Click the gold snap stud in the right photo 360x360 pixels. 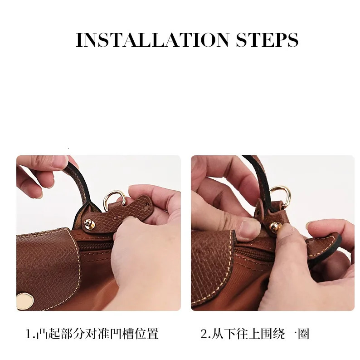[x=275, y=227]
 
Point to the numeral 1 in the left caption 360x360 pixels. [x=29, y=335]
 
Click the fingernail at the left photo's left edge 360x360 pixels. [x=37, y=194]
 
